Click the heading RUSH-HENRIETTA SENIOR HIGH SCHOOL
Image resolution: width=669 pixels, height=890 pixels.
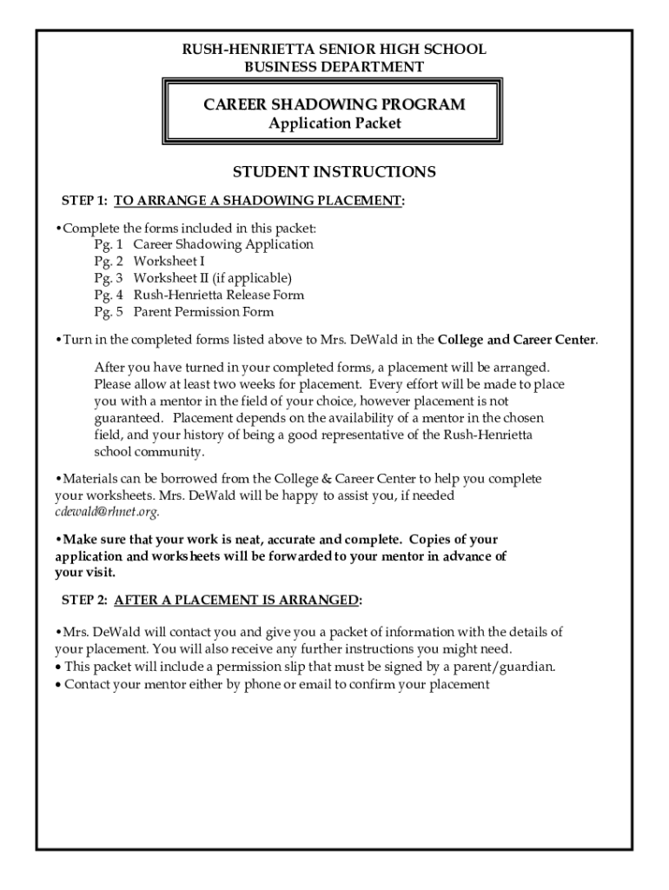click(x=334, y=50)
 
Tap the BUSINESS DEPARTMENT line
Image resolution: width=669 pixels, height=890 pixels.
click(x=334, y=67)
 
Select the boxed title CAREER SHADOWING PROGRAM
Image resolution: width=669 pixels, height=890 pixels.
click(x=334, y=105)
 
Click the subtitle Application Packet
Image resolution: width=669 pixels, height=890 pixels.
click(x=334, y=123)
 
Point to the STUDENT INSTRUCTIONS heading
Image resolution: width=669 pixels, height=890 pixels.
click(x=334, y=172)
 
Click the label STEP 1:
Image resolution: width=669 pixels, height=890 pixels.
click(x=84, y=201)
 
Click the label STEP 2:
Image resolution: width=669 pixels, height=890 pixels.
click(x=84, y=601)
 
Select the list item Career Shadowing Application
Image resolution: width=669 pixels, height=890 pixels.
click(x=223, y=244)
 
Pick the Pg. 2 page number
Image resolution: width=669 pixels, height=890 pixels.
click(x=109, y=262)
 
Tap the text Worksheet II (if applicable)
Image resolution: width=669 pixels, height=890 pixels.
click(x=212, y=278)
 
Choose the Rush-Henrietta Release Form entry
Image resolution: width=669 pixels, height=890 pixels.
click(x=218, y=296)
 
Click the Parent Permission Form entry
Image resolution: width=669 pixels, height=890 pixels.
click(x=203, y=312)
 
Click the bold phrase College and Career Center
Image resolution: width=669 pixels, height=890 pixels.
click(x=517, y=339)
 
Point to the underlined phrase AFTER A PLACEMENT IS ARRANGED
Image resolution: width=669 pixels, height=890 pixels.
click(x=236, y=601)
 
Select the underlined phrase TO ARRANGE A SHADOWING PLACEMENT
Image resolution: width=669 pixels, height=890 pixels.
click(x=258, y=201)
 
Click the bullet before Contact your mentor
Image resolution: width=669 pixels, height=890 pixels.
click(x=58, y=685)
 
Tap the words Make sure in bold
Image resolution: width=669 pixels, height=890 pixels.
click(x=90, y=539)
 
